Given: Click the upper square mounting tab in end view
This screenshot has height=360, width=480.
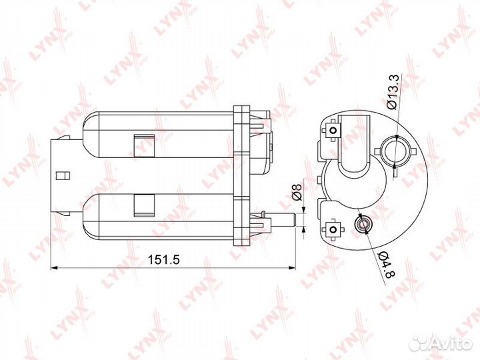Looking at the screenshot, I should [x=333, y=130].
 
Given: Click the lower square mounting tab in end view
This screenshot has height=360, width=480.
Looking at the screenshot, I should [x=333, y=230].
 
